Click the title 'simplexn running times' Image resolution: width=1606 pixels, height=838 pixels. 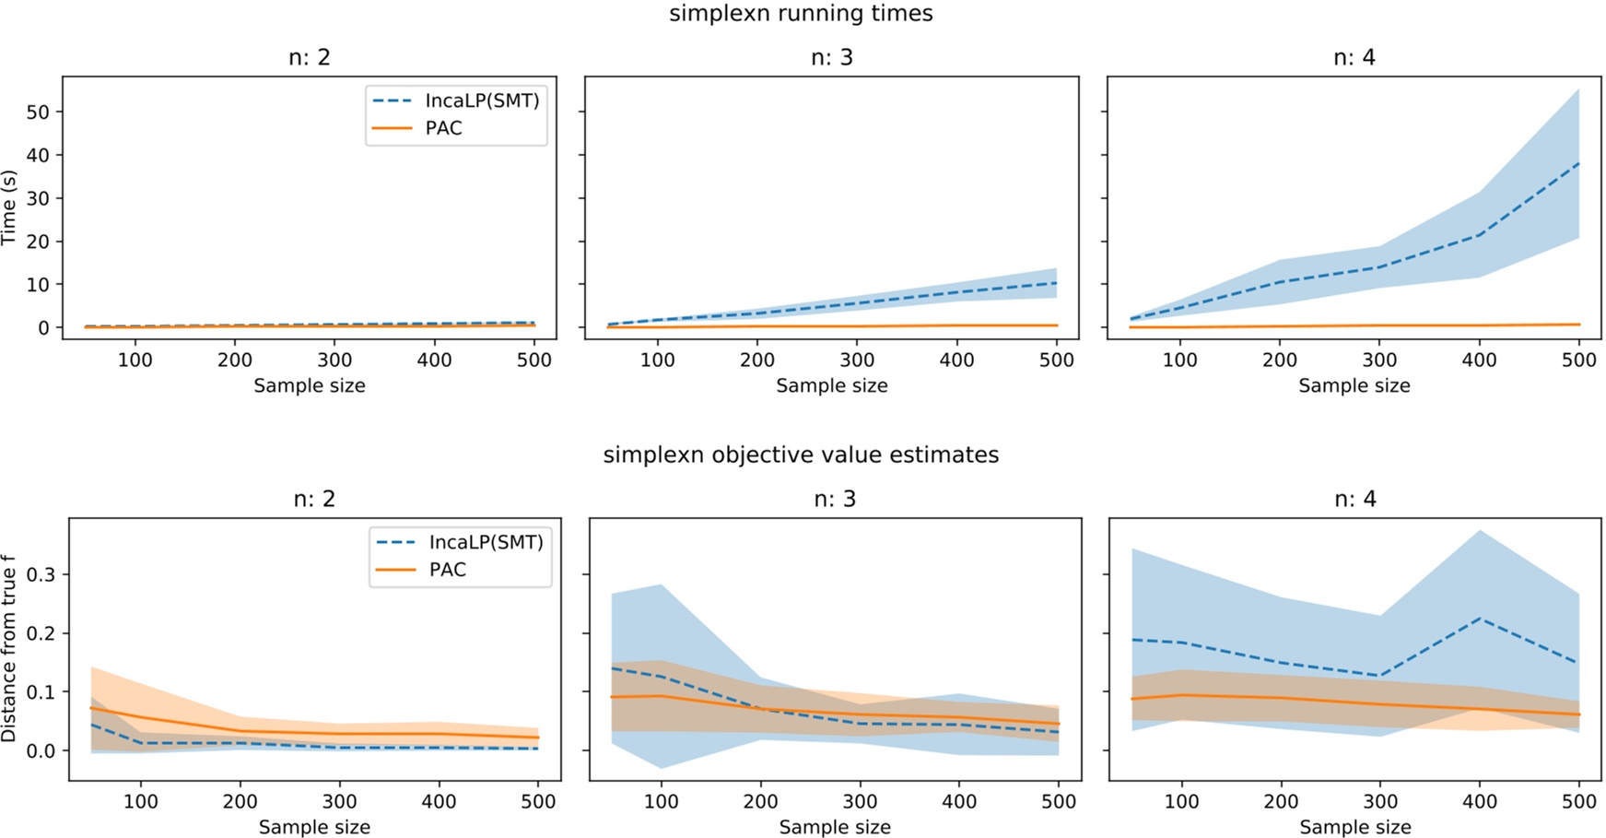[x=801, y=14]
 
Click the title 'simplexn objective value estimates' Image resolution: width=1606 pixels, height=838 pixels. [x=801, y=454]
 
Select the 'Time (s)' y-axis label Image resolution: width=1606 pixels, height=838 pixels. [x=9, y=207]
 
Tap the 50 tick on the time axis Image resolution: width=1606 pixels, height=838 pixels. [x=38, y=112]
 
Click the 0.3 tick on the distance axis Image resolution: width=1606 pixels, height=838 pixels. [x=41, y=574]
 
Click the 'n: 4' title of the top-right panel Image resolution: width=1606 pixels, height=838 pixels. [x=1354, y=57]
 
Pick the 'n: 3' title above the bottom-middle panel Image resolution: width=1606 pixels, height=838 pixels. [x=835, y=499]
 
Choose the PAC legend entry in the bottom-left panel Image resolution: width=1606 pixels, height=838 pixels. [x=448, y=570]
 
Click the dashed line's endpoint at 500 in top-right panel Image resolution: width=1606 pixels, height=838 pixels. [x=1579, y=163]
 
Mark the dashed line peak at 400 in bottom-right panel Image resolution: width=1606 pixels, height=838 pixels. [x=1480, y=618]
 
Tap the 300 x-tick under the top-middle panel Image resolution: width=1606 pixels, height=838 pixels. [x=857, y=360]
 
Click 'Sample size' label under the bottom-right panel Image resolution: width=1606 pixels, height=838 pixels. [x=1354, y=827]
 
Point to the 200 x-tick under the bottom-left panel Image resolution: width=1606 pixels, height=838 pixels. [x=240, y=801]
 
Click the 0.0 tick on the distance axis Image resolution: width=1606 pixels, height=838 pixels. [x=41, y=750]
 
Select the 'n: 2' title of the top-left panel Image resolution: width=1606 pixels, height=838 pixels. [x=309, y=57]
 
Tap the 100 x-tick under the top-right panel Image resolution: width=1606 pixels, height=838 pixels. [x=1179, y=360]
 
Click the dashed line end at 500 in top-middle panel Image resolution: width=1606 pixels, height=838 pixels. [x=1057, y=283]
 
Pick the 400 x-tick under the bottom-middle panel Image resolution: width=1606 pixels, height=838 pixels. [x=959, y=801]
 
